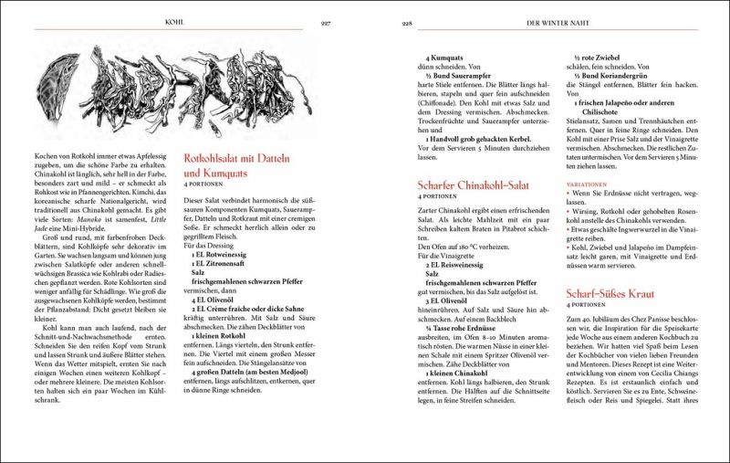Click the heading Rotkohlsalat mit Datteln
[247, 158]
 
